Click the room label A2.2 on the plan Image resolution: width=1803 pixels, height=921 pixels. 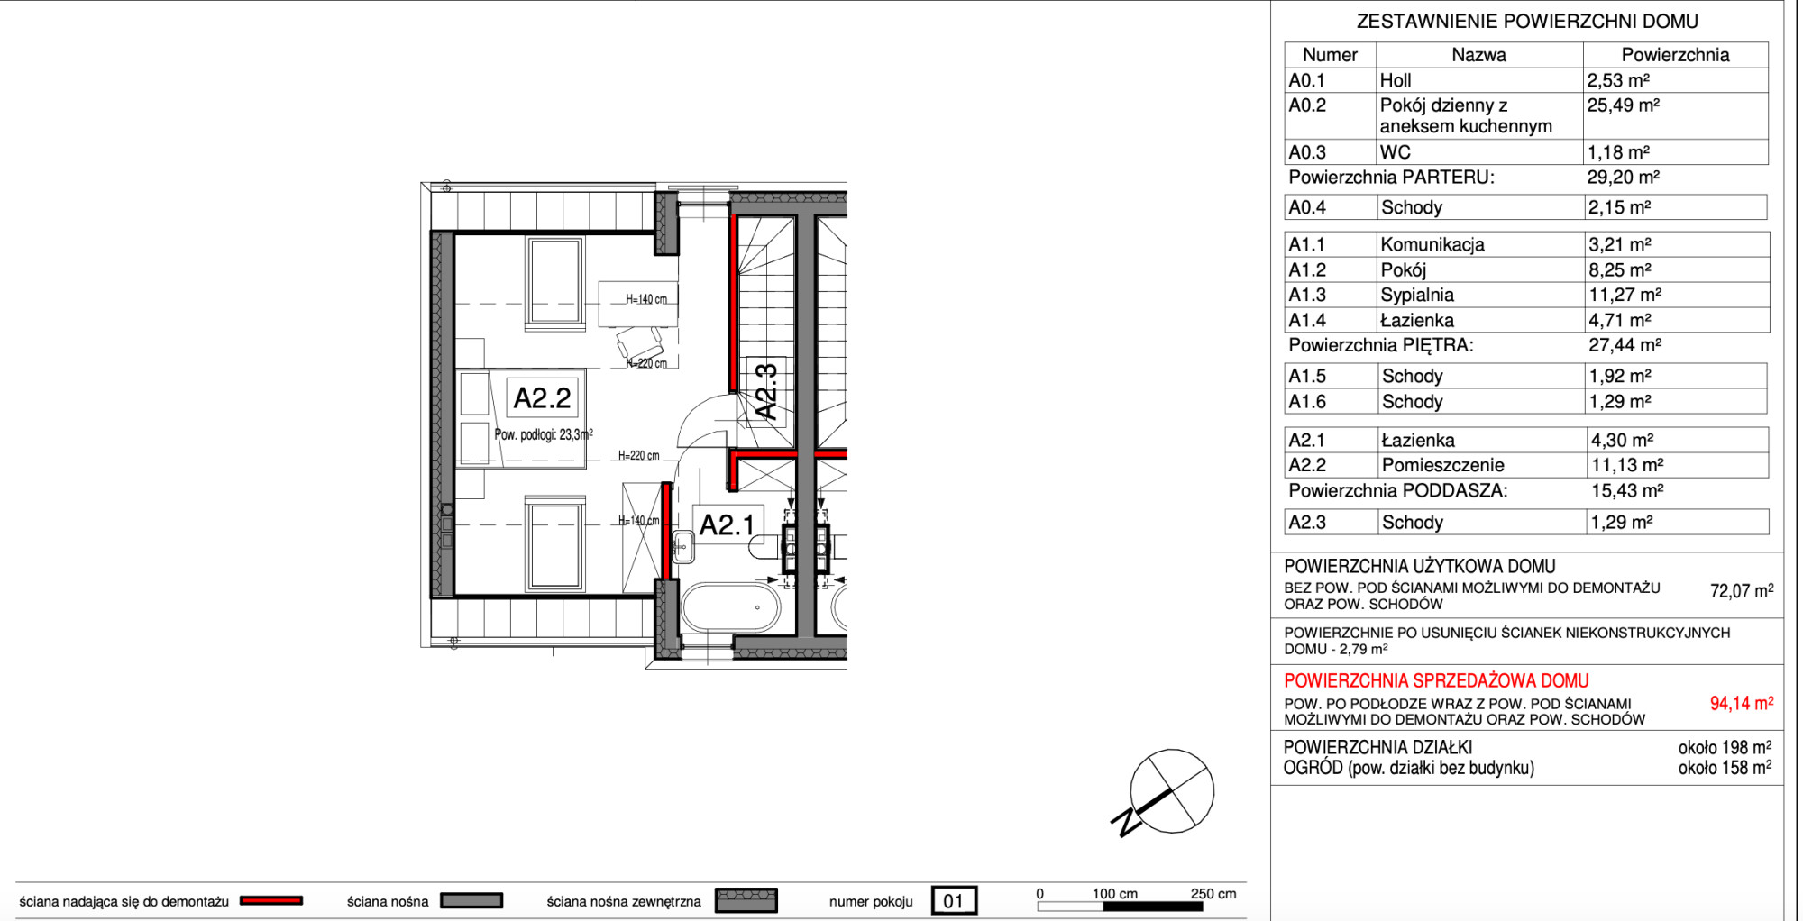pos(542,397)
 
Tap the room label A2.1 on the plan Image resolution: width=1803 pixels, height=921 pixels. pos(727,524)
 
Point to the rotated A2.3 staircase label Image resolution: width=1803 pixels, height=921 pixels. pos(765,392)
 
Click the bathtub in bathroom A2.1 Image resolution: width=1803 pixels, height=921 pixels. pos(730,606)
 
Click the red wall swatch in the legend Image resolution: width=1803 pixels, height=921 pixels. pos(271,900)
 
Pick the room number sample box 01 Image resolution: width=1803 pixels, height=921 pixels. pos(953,900)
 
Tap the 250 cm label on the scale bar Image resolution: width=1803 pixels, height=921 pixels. pos(1213,894)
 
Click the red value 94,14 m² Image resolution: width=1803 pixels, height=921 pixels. pos(1741,703)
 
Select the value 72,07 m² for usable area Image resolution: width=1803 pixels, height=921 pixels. pos(1741,591)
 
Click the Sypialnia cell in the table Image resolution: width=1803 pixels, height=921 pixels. pos(1416,295)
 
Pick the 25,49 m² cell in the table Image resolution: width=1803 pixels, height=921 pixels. pos(1623,105)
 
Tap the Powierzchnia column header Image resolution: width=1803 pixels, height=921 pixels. pos(1675,55)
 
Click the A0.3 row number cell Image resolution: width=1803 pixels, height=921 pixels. pos(1306,152)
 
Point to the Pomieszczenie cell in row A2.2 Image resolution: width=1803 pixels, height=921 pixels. pos(1442,465)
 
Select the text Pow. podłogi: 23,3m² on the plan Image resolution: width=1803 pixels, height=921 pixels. pos(544,434)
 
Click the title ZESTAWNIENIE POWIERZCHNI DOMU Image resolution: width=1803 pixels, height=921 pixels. pos(1527,22)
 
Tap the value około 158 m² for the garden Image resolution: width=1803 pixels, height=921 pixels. pos(1725,768)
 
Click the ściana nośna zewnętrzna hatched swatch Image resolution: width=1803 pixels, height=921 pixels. pos(746,900)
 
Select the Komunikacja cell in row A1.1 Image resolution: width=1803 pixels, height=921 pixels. pos(1432,244)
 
